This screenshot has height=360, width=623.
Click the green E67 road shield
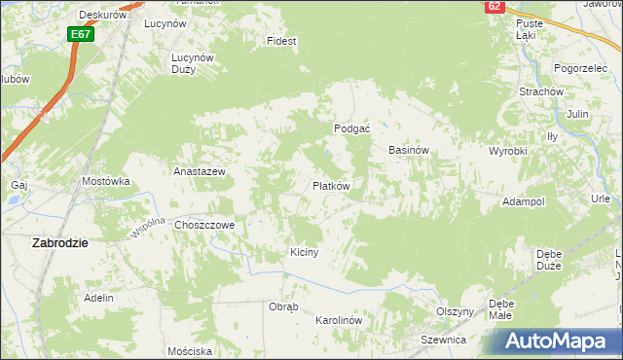point(81,34)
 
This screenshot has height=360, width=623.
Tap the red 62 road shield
point(495,6)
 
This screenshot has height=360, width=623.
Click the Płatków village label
point(331,185)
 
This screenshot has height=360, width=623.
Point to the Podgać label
point(349,127)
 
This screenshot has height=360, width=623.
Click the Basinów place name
point(409,151)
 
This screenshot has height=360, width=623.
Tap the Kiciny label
point(305,252)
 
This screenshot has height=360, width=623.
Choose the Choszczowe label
point(205,225)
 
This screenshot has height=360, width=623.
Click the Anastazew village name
point(200,171)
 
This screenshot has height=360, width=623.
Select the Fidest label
point(281,42)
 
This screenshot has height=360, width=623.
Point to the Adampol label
point(523,200)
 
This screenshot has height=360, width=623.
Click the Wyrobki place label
point(507,152)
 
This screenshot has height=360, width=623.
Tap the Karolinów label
point(339,320)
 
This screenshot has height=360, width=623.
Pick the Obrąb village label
point(283,306)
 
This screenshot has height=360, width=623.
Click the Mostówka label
point(106,181)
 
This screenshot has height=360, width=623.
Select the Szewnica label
point(444,340)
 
